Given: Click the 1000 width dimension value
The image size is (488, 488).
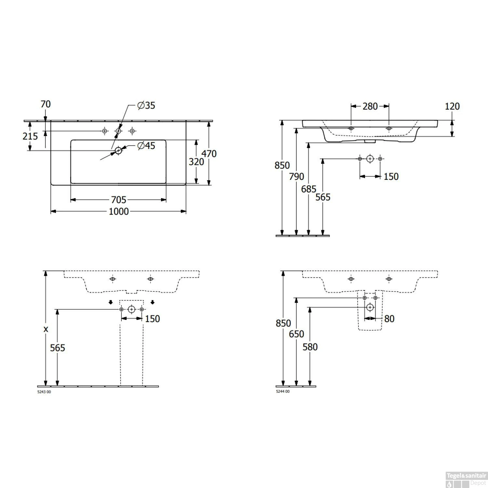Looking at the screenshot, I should click(118, 211).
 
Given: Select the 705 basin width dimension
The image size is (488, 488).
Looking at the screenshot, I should click(118, 199).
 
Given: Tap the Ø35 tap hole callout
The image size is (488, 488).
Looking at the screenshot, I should click(146, 105).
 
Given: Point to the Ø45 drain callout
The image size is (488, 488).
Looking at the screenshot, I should click(146, 146).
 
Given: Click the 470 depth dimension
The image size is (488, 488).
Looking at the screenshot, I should click(209, 153).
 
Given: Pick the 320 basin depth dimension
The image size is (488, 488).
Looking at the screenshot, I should click(196, 161).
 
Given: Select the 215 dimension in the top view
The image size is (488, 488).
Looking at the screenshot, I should click(30, 136).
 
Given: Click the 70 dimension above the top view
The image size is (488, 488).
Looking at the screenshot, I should click(46, 104).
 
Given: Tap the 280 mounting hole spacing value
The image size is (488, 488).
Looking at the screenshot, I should click(370, 106).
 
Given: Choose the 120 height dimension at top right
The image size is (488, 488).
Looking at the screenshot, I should click(452, 106).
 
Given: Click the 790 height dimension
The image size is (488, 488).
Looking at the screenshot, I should click(296, 176).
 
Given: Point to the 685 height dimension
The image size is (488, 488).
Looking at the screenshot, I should click(308, 189).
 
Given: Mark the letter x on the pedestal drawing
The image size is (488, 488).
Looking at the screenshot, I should click(46, 329).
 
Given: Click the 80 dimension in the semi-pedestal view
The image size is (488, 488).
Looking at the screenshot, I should click(389, 319).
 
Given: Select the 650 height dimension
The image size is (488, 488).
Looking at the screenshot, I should click(296, 334).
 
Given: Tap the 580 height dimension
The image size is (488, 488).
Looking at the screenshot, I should click(310, 347).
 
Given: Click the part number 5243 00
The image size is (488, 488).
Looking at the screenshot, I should click(44, 392).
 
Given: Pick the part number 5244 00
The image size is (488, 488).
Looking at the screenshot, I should click(282, 392).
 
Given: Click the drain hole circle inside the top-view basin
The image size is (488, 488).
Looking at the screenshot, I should click(118, 150).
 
